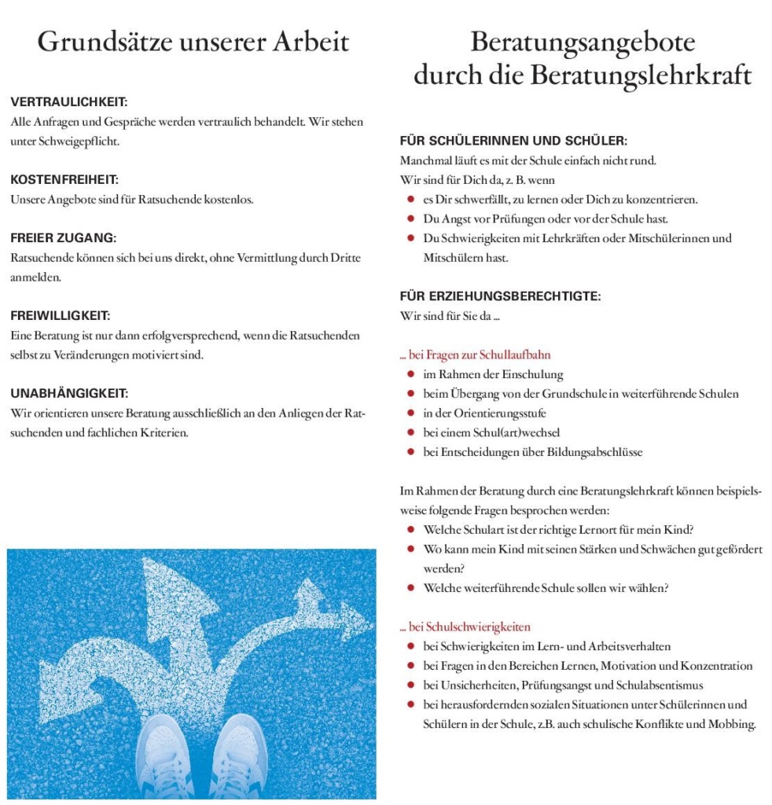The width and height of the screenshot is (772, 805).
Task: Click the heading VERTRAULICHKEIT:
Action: pos(69,103)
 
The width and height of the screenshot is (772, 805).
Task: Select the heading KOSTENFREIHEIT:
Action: pos(64,180)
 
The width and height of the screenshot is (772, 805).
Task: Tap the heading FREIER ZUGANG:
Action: pos(64,237)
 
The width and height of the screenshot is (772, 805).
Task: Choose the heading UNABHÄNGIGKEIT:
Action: pos(69,392)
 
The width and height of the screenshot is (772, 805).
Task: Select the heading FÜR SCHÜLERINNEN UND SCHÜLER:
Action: pos(513,142)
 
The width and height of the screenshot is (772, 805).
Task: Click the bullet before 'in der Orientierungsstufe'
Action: pos(411,413)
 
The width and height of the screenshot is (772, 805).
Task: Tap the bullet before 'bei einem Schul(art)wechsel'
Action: pos(411,432)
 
